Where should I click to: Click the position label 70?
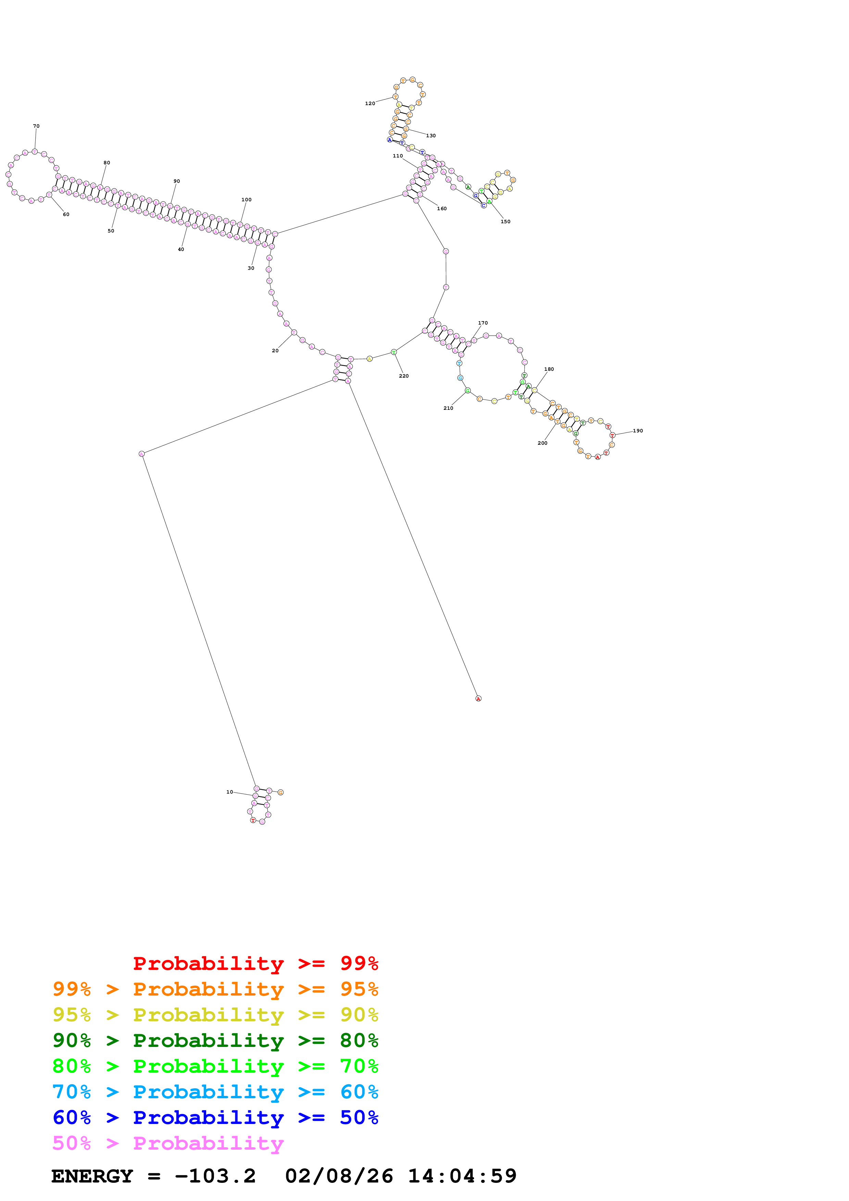[x=36, y=126]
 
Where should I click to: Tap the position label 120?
[x=370, y=104]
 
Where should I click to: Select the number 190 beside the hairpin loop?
[x=638, y=431]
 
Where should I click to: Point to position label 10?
[x=230, y=792]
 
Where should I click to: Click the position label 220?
[x=404, y=376]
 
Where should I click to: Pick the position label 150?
[x=505, y=222]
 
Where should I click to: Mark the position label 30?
[x=251, y=268]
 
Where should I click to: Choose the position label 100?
[x=246, y=200]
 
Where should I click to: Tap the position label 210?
[x=448, y=408]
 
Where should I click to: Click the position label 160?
[x=442, y=209]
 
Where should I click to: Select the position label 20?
[x=275, y=351]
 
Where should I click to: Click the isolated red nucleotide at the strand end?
[x=478, y=699]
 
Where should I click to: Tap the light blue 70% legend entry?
[x=215, y=1092]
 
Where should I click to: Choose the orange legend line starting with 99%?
[x=215, y=989]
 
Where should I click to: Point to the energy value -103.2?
[x=215, y=1176]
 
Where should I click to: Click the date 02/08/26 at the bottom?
[x=339, y=1176]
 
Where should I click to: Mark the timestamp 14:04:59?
[x=462, y=1176]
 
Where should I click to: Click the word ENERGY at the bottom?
[x=92, y=1176]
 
